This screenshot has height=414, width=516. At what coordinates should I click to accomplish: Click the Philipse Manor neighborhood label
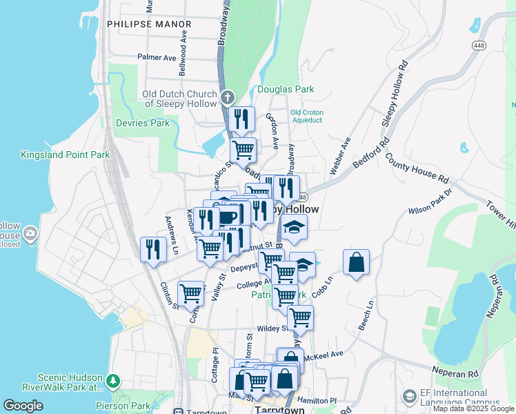(149, 23)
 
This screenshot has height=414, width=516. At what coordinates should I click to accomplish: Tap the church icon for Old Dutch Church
(228, 97)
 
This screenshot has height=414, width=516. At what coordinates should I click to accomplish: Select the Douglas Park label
(286, 89)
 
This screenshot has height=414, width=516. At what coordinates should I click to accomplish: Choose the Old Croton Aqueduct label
(306, 116)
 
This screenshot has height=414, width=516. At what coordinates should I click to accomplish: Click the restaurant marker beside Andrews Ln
(153, 248)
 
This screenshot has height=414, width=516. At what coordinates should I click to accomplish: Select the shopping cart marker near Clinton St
(191, 292)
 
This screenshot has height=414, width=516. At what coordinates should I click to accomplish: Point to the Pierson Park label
(131, 406)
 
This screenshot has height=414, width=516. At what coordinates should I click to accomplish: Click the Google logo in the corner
(23, 406)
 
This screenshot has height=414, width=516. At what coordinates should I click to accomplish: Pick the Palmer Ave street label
(157, 57)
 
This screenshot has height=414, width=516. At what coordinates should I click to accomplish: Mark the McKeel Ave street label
(324, 355)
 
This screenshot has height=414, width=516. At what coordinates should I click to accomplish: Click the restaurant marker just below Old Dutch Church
(241, 119)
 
